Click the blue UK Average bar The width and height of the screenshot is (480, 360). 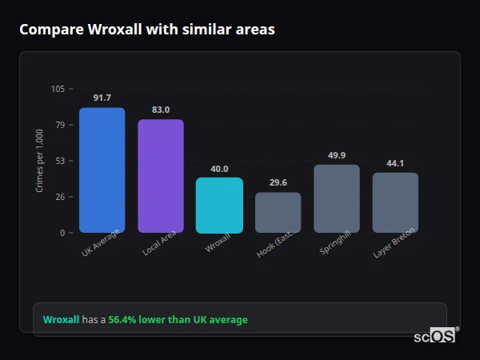102,170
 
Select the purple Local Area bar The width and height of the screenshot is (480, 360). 160,176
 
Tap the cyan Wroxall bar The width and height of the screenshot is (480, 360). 219,205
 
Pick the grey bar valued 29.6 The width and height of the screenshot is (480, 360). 278,213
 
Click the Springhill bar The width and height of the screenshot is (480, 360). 336,198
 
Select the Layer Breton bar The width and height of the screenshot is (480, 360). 395,202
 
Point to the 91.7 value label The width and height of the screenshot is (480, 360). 102,98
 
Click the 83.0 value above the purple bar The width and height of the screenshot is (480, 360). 160,110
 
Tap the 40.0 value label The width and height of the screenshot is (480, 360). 219,169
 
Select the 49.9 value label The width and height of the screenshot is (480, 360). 336,155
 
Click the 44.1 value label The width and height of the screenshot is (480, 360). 395,163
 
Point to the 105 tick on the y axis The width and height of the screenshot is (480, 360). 58,89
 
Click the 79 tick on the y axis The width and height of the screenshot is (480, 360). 60,125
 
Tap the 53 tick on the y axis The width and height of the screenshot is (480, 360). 60,161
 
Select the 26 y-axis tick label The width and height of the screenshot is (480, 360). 60,197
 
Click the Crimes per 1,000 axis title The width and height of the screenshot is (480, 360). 39,161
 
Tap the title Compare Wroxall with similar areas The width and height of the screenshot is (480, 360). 147,30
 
